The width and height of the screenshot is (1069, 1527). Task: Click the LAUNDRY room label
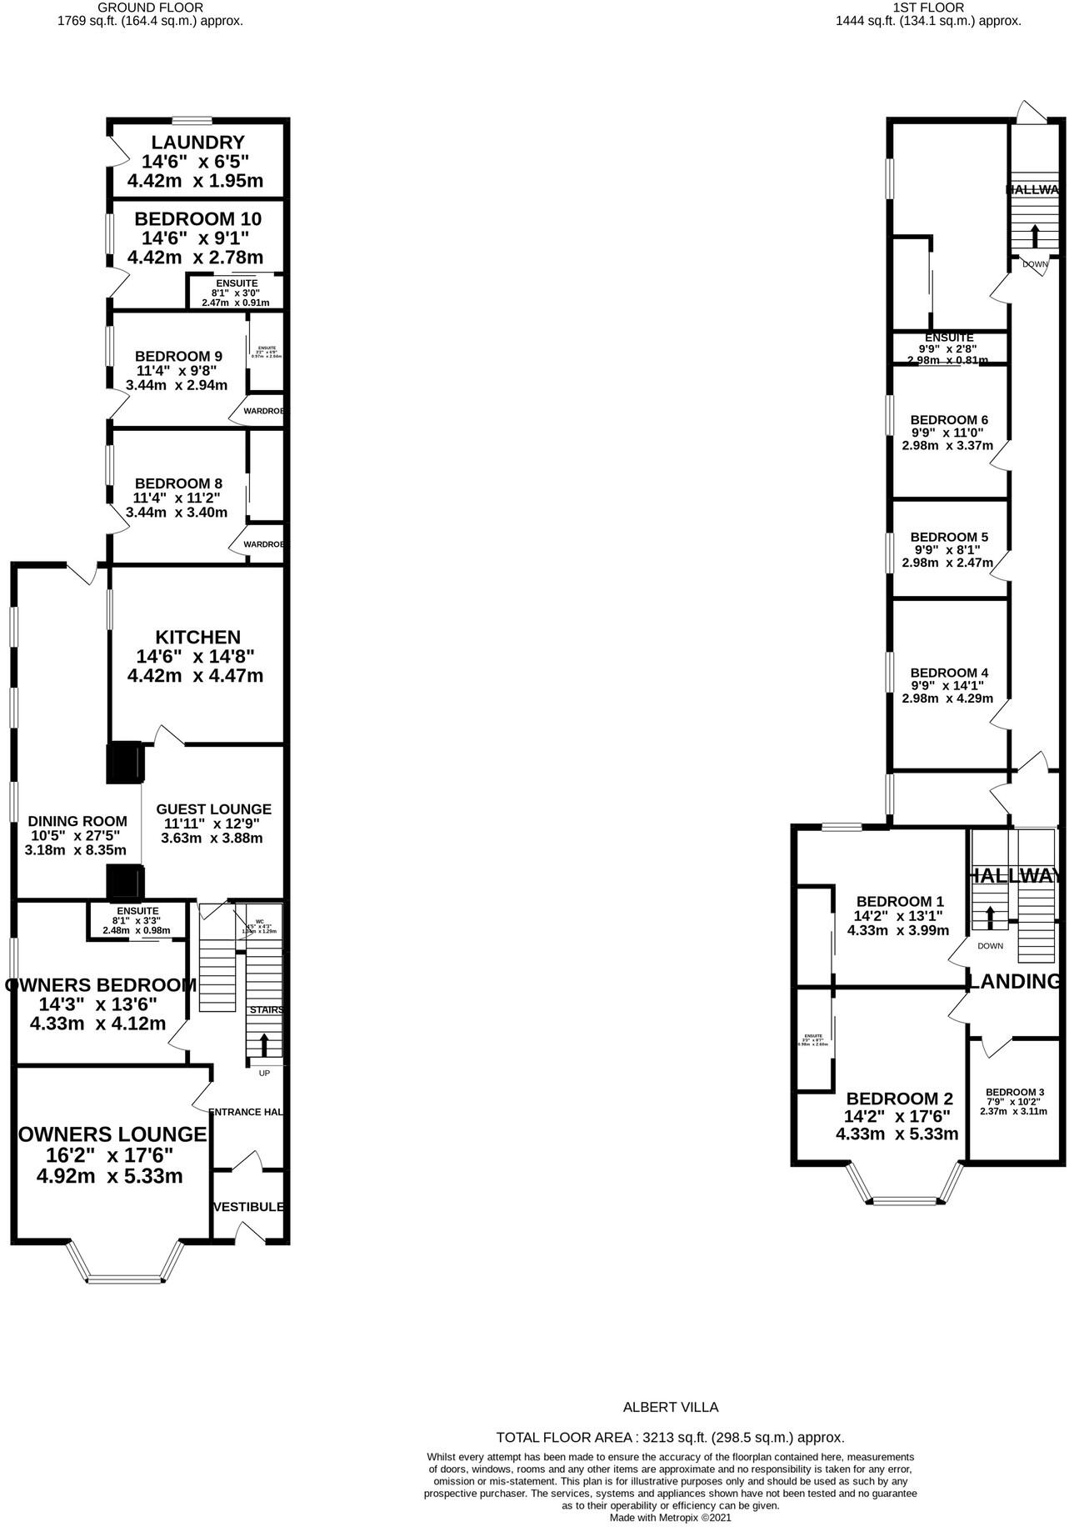coord(197,142)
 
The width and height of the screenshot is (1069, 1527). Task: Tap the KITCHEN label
coord(197,637)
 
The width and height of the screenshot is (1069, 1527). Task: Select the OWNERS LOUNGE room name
coord(112,1134)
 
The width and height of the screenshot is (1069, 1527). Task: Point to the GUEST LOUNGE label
coord(213,809)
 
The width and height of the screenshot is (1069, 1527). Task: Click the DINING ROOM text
coord(77,821)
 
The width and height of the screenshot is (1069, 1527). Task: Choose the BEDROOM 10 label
coord(197,218)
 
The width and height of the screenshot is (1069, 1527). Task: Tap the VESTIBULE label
coord(248,1206)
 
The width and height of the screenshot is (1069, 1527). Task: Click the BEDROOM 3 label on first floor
coord(1014,1092)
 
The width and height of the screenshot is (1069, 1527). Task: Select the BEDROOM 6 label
coord(949,419)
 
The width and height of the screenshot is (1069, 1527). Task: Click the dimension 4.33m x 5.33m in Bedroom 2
coord(897,1134)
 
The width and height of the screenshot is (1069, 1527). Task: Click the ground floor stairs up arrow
coord(265,1044)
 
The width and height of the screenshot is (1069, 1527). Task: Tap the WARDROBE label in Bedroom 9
coord(263,411)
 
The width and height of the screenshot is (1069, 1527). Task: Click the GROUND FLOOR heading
coord(150,8)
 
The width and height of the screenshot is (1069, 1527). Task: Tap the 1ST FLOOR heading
coord(928,8)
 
